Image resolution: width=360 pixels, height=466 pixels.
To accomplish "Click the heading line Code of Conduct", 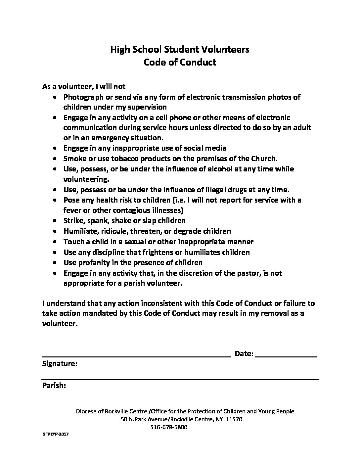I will (180, 62).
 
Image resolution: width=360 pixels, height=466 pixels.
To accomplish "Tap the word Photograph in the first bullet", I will (83, 97).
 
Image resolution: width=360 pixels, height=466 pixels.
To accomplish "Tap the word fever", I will (72, 210).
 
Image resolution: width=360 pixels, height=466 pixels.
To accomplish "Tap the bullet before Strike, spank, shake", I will (55, 221).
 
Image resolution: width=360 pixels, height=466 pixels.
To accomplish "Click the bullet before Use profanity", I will (55, 263).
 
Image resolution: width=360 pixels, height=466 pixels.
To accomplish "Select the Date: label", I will (244, 354).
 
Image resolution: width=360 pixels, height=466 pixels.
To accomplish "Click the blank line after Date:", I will (287, 356).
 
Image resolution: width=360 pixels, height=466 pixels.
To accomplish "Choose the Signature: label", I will (60, 364).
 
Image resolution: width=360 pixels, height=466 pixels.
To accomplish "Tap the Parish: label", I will (54, 386).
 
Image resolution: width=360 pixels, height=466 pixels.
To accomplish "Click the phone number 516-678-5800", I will (169, 427).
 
